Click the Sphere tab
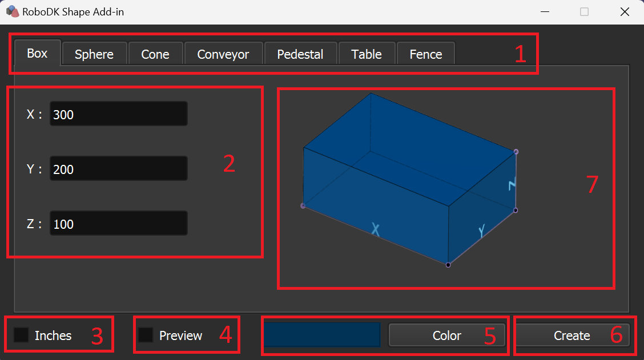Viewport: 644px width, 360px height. tap(94, 54)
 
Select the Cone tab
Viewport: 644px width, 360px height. tap(155, 54)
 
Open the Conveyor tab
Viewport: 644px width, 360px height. tap(223, 54)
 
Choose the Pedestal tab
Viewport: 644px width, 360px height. tap(300, 54)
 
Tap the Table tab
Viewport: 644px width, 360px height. tap(367, 54)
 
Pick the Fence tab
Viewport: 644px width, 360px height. tap(426, 54)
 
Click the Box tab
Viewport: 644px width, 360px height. tap(37, 53)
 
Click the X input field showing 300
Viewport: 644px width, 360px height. tap(119, 114)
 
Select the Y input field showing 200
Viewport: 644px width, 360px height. tap(119, 168)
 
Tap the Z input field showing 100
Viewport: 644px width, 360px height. tap(119, 223)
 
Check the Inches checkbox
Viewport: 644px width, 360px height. tap(21, 335)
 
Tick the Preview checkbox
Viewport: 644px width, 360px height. tap(146, 335)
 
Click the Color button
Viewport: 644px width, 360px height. tap(447, 335)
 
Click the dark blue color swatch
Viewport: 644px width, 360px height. tap(322, 334)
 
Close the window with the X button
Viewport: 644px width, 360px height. tap(625, 12)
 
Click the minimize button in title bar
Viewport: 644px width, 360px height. tap(545, 12)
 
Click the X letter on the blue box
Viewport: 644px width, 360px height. tap(376, 229)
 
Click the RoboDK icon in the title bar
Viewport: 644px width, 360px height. tap(13, 11)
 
